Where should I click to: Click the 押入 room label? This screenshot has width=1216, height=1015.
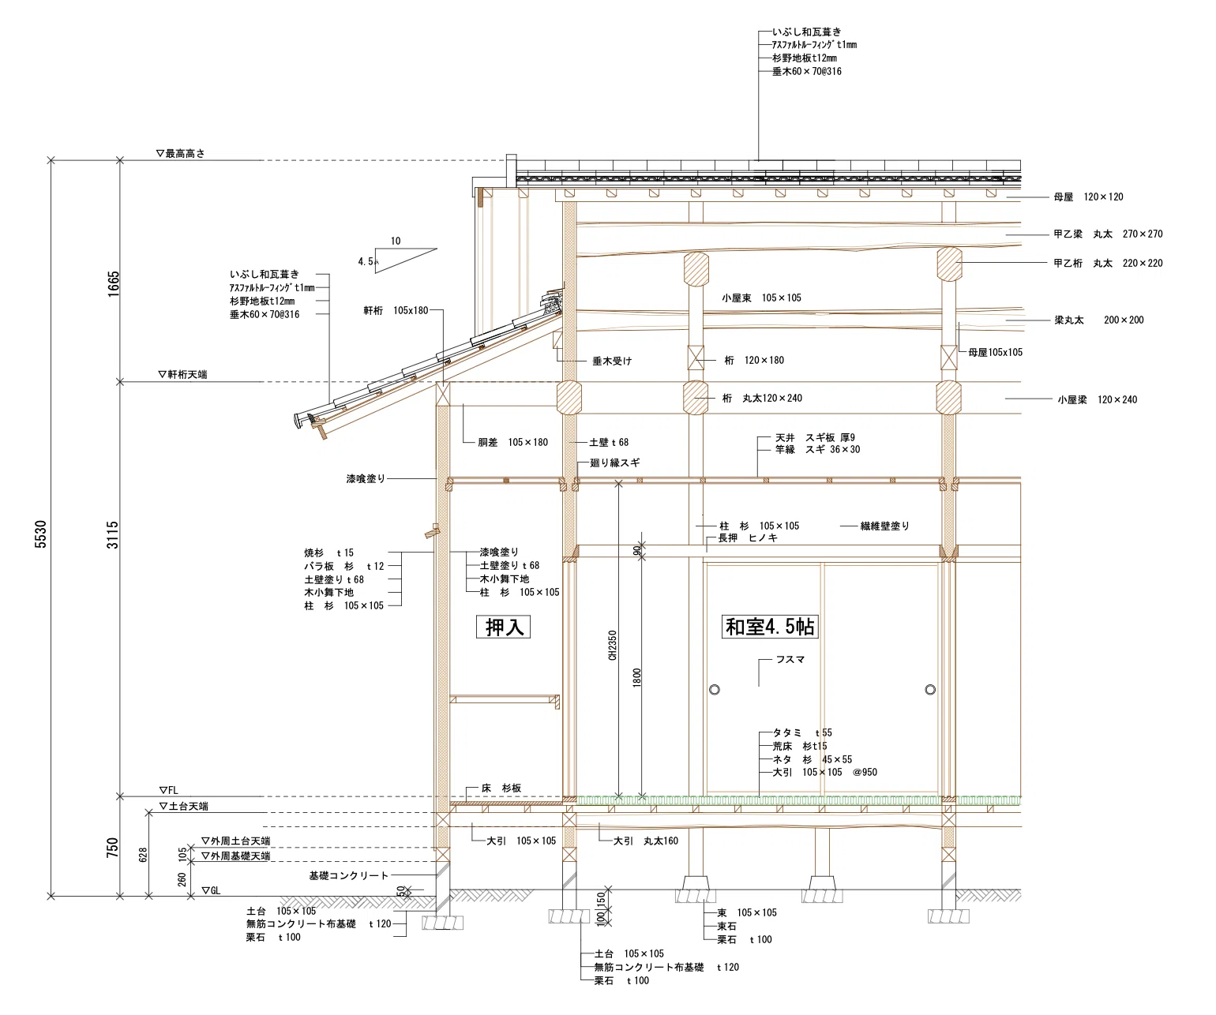click(503, 627)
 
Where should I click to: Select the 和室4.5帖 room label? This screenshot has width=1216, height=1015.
click(770, 627)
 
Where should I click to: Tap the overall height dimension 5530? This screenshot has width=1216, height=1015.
click(41, 534)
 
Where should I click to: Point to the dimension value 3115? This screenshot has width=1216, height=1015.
click(113, 534)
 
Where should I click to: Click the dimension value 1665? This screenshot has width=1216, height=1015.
click(113, 283)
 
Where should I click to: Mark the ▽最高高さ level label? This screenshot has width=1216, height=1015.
click(181, 154)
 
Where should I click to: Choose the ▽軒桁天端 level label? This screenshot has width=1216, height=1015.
click(182, 374)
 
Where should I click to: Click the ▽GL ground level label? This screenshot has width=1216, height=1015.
click(211, 890)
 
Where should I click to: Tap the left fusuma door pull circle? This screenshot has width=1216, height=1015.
click(715, 690)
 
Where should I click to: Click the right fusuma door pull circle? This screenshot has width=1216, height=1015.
click(930, 690)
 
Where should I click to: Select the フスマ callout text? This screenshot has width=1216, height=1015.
click(790, 660)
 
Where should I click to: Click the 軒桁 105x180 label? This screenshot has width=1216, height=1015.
click(396, 310)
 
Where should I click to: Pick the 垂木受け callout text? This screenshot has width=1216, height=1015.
click(612, 361)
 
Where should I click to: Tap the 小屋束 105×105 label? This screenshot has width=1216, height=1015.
click(762, 298)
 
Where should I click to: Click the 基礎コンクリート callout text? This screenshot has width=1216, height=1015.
click(348, 875)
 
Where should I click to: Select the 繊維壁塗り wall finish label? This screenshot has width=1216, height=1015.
click(884, 526)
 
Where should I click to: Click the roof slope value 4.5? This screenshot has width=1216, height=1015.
click(365, 261)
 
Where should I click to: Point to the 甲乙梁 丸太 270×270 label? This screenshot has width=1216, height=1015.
click(1108, 234)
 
